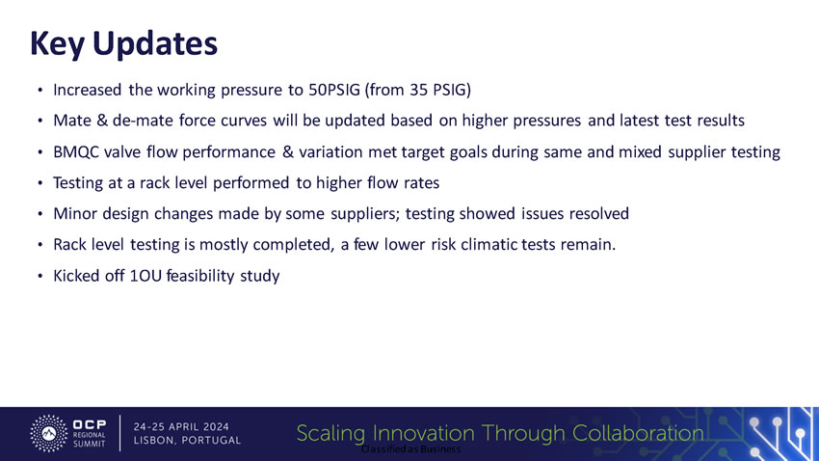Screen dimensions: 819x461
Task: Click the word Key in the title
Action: pyautogui.click(x=57, y=43)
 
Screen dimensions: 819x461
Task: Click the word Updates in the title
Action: pyautogui.click(x=154, y=43)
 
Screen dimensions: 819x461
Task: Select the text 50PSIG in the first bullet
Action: pyautogui.click(x=334, y=90)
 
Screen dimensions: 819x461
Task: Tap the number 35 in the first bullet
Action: pyautogui.click(x=418, y=90)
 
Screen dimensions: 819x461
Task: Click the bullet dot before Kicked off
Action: pyautogui.click(x=40, y=277)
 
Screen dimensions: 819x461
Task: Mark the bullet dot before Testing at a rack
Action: pyautogui.click(x=40, y=183)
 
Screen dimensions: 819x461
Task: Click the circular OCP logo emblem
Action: pyautogui.click(x=48, y=433)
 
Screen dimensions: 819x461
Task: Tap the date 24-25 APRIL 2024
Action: pyautogui.click(x=181, y=427)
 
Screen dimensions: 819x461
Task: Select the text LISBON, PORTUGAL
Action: pyautogui.click(x=187, y=441)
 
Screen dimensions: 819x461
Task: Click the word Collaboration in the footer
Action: pyautogui.click(x=638, y=433)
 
